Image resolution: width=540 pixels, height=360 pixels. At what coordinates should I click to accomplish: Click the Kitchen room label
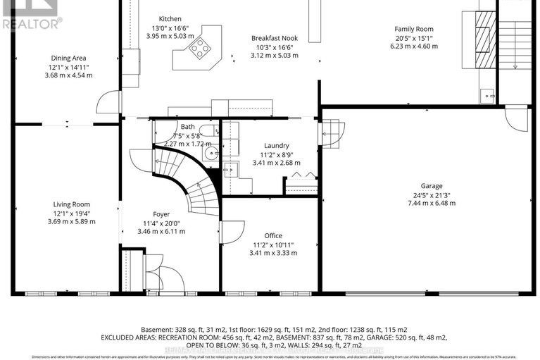tap(170, 19)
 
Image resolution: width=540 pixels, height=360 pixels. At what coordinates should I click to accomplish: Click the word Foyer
tap(161, 213)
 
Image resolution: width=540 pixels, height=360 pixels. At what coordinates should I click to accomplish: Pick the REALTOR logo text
tap(32, 23)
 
